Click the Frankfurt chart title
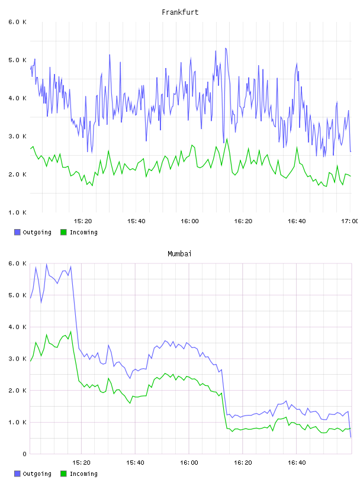[180, 12]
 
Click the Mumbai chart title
[179, 254]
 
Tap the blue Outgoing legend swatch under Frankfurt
[17, 232]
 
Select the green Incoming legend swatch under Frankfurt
[63, 232]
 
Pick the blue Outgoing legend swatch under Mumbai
[17, 474]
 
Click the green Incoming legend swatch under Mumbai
[63, 474]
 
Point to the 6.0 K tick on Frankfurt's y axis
[18, 22]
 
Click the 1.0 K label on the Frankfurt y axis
[18, 212]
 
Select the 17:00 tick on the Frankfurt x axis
[350, 221]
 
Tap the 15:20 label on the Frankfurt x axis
[83, 221]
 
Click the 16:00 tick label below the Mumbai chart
[189, 463]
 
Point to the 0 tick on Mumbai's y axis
[24, 454]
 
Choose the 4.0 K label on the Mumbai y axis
[18, 327]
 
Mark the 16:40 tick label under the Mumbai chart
[297, 463]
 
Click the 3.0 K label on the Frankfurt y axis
[18, 137]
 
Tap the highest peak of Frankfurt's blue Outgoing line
[226, 49]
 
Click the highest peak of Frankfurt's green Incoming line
[227, 139]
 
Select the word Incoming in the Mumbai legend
[83, 474]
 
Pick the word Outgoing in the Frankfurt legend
[37, 233]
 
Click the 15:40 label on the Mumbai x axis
[136, 463]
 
